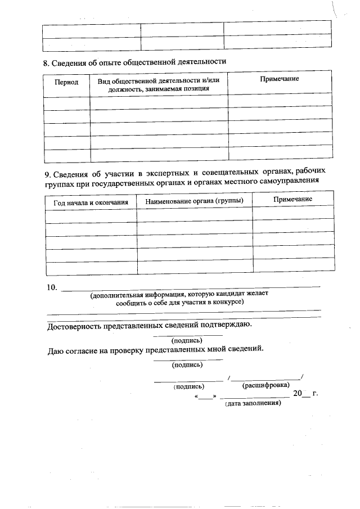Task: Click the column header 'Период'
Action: [66, 82]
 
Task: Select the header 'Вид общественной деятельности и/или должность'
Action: [158, 84]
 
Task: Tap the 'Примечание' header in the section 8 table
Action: [279, 79]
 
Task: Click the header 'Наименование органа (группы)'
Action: [194, 201]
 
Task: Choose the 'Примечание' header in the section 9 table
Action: [292, 200]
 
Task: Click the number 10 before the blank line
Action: [51, 288]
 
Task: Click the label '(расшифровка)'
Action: [265, 385]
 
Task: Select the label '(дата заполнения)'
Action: [253, 404]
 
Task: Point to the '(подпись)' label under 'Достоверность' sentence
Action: [187, 340]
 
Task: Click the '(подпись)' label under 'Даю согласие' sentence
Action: [187, 364]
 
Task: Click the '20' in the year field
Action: [298, 393]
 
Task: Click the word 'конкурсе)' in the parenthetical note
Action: [226, 302]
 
